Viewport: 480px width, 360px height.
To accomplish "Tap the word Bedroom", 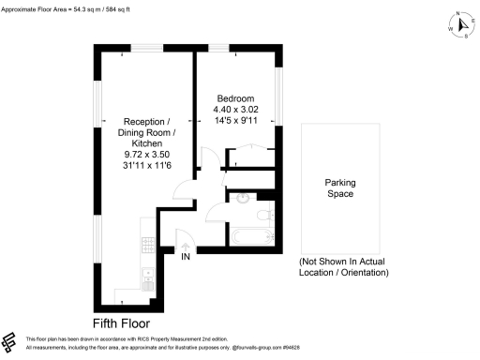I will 235,98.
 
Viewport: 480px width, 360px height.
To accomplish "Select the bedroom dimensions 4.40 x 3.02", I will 235,110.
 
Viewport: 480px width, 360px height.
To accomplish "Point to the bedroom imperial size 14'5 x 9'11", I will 235,121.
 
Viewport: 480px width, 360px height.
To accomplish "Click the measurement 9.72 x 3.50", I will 148,155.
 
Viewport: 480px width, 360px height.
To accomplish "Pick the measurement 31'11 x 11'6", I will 148,166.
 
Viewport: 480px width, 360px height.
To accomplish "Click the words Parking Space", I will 338,188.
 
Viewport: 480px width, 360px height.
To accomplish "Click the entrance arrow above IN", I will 186,246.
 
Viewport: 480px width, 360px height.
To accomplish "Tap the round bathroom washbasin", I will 242,198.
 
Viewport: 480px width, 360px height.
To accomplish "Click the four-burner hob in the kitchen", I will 147,245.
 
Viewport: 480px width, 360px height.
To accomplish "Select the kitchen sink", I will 147,276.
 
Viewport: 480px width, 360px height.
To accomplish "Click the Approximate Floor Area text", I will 66,8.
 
